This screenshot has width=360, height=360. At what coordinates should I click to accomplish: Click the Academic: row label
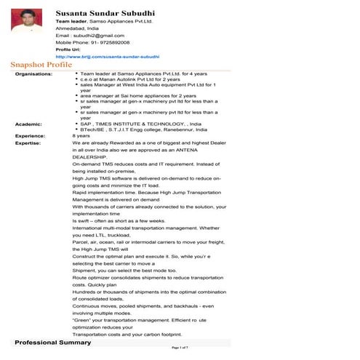coord(28,123)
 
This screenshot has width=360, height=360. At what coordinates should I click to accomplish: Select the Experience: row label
coord(31,135)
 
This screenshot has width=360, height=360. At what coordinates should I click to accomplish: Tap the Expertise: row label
coord(29,143)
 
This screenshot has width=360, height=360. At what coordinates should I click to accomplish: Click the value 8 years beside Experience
coord(81,135)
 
